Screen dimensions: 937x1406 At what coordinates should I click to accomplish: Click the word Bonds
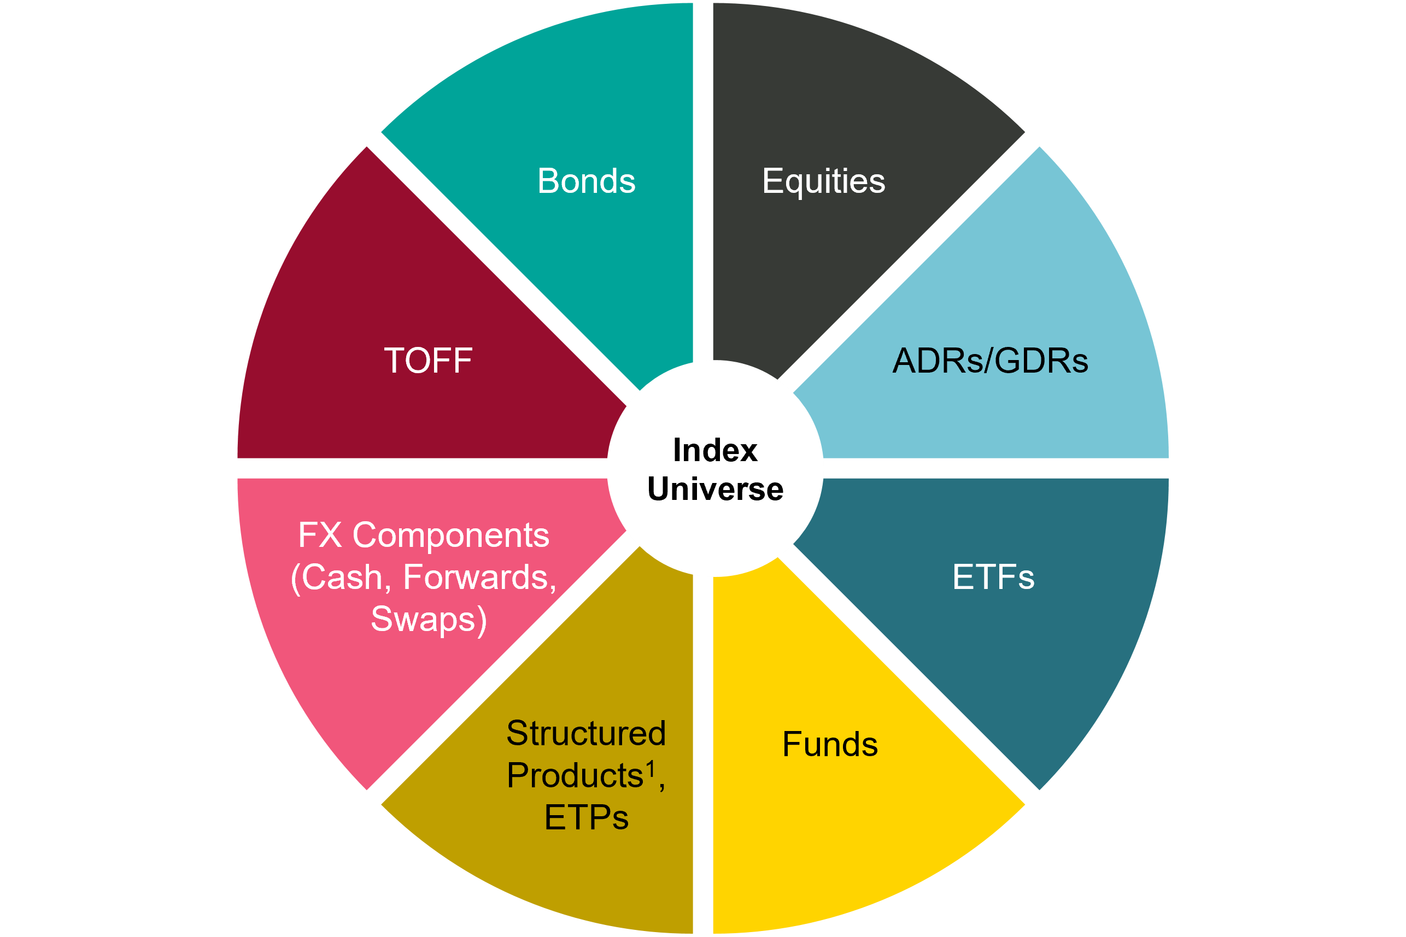coord(586,181)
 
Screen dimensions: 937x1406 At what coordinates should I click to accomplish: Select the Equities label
coord(823,181)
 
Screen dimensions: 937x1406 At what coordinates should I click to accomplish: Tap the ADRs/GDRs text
coord(990,361)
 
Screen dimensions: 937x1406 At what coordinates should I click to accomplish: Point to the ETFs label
coord(993,577)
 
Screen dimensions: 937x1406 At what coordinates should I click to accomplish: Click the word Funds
coord(830,745)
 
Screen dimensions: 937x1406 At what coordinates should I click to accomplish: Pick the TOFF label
coord(428,361)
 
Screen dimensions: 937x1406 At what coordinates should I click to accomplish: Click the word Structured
coord(586,733)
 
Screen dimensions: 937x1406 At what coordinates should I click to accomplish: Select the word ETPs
coord(586,817)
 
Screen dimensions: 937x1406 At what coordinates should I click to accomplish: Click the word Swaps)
coord(429,620)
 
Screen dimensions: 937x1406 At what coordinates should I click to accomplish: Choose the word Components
coord(451,535)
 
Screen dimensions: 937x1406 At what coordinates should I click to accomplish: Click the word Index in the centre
coord(715,451)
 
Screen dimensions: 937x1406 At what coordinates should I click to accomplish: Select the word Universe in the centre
coord(715,490)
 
